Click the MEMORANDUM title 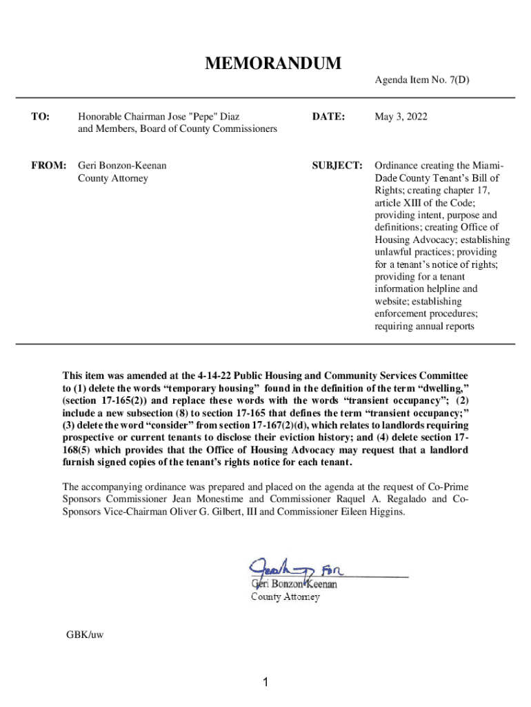pos(272,64)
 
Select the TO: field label pos(40,117)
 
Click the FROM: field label pos(48,166)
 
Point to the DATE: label pos(328,117)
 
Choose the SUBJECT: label pos(337,166)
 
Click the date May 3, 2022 pos(401,117)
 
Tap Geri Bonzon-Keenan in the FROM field pos(122,166)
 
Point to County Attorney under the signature pos(284,597)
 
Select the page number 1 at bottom pos(265,683)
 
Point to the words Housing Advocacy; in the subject pos(407,240)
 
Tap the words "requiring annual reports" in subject pos(424,326)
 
